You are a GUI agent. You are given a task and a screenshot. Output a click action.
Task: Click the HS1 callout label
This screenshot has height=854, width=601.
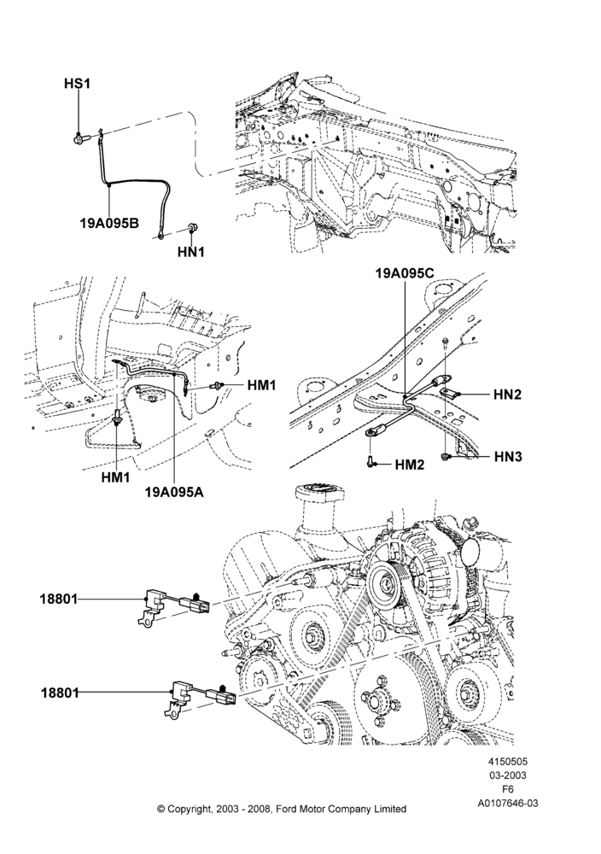[x=77, y=84]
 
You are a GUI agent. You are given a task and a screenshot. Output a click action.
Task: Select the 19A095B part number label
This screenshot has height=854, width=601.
[x=109, y=223]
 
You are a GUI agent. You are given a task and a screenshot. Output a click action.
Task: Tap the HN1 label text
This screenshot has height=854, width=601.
[x=190, y=252]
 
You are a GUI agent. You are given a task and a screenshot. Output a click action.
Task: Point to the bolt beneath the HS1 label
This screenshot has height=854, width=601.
[x=78, y=138]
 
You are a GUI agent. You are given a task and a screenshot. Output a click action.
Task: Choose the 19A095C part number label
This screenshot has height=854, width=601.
[x=405, y=273]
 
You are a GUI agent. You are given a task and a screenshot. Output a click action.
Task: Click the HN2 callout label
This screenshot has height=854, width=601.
[x=507, y=394]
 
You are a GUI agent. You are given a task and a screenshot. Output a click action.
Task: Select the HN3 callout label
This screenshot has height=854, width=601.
[x=508, y=456]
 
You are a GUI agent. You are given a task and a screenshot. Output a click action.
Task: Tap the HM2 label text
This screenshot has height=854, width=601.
[x=410, y=465]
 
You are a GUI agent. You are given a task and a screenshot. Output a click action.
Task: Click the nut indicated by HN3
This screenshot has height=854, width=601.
[x=446, y=456]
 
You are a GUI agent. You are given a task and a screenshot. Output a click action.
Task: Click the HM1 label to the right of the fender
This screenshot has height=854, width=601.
[x=261, y=385]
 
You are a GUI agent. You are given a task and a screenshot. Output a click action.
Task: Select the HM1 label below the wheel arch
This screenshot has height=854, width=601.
[x=115, y=477]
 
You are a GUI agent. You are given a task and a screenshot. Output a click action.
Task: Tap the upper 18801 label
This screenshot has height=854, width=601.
[x=59, y=600]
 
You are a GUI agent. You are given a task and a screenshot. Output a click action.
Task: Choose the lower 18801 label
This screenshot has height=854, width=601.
[x=60, y=693]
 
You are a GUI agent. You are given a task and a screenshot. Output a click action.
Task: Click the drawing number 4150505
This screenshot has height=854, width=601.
[x=508, y=762]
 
